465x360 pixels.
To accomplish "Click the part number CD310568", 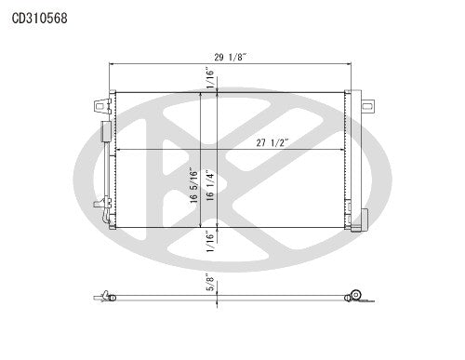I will click(39, 18).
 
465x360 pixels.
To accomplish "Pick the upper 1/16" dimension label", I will click(211, 83).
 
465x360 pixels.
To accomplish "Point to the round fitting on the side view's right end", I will click(353, 296).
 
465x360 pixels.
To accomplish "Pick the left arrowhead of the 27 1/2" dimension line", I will click(117, 151).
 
